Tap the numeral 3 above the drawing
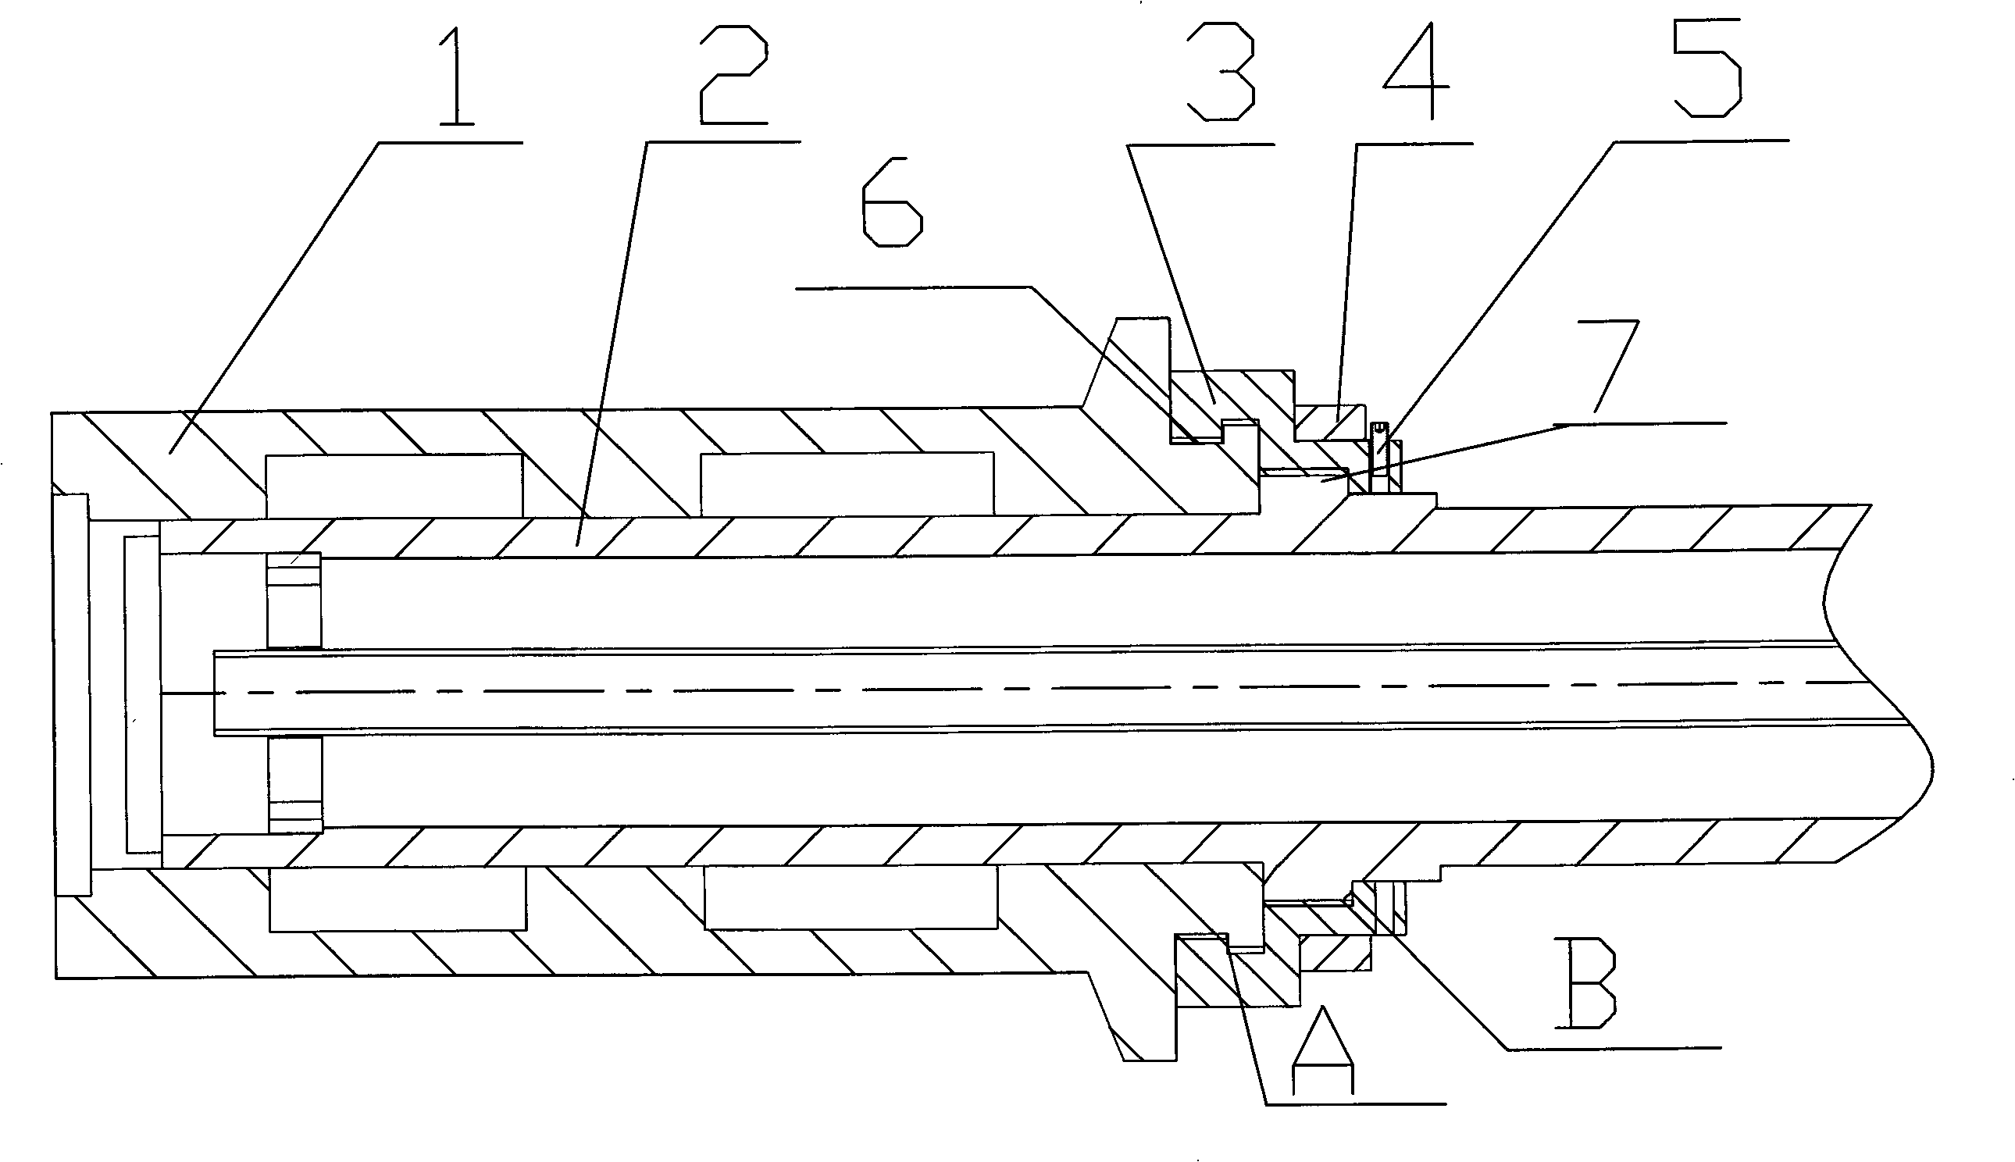coord(1220,71)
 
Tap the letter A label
coord(1323,1050)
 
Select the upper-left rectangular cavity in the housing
coord(394,486)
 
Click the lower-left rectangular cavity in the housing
coord(398,899)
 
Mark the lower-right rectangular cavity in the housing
coord(851,897)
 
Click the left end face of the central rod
coord(215,692)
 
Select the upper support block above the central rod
coord(294,601)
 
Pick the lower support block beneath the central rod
coord(295,783)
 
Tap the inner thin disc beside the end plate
coord(143,694)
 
